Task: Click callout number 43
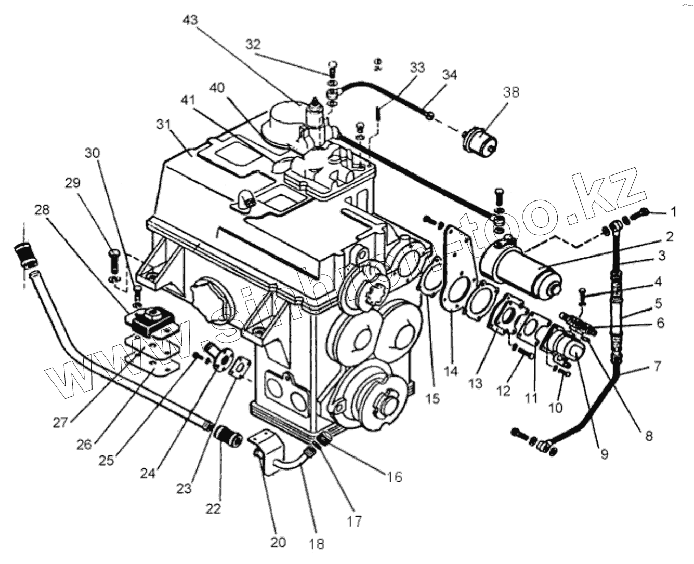click(191, 20)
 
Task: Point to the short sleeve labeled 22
click(228, 436)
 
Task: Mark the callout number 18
click(316, 544)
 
